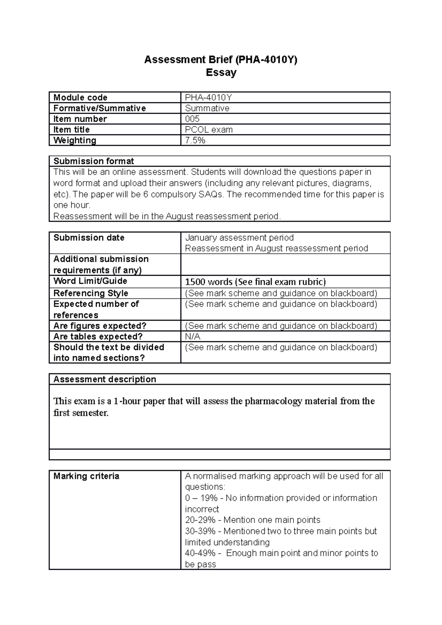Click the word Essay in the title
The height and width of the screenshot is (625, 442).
pyautogui.click(x=221, y=73)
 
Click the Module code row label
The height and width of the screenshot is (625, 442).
pyautogui.click(x=80, y=98)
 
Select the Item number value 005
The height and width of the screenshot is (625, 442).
pyautogui.click(x=192, y=119)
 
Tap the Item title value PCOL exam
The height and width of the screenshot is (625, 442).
pyautogui.click(x=208, y=130)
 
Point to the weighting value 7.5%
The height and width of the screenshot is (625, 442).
pyautogui.click(x=195, y=140)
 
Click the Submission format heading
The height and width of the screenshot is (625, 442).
pyautogui.click(x=94, y=161)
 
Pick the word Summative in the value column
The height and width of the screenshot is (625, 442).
pyautogui.click(x=207, y=108)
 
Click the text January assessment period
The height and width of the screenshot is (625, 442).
pyautogui.click(x=239, y=238)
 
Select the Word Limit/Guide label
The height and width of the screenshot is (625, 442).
pyautogui.click(x=90, y=281)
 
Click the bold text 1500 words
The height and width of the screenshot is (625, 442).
pyautogui.click(x=208, y=282)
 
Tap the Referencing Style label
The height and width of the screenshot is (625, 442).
pyautogui.click(x=91, y=293)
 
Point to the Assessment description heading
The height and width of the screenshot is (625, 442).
pyautogui.click(x=105, y=379)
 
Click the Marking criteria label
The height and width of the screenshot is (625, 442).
pyautogui.click(x=86, y=476)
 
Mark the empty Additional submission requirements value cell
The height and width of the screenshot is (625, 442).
pyautogui.click(x=285, y=265)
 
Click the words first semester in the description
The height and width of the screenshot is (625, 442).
pyautogui.click(x=81, y=413)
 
